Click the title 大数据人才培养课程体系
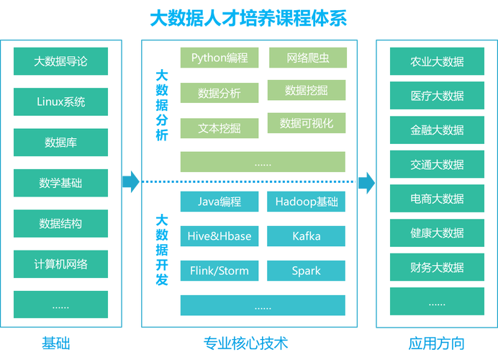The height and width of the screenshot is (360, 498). click(248, 18)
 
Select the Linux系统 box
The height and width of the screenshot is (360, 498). click(60, 102)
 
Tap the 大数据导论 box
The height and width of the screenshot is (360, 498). click(60, 61)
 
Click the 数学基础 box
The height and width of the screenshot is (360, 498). click(60, 183)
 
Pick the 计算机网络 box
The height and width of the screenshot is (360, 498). click(60, 264)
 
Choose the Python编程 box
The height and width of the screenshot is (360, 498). click(219, 58)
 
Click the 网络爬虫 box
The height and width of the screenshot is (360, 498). click(307, 58)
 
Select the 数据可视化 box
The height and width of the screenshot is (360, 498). click(307, 123)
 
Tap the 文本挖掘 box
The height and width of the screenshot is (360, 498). click(219, 129)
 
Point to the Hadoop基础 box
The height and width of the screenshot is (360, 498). click(306, 202)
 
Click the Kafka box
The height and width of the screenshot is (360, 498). click(306, 236)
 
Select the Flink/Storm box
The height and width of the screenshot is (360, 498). click(219, 271)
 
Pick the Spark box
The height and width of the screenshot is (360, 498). click(306, 271)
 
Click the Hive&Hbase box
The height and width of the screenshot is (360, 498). click(219, 236)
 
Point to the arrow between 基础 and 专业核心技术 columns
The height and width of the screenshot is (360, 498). click(131, 181)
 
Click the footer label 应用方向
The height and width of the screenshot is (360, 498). click(436, 343)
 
